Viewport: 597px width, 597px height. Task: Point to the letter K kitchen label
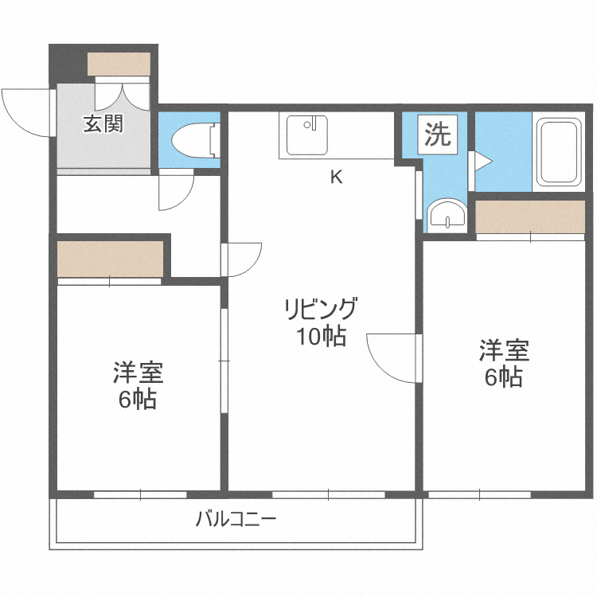click(x=337, y=177)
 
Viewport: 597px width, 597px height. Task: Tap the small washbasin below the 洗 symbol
click(x=446, y=215)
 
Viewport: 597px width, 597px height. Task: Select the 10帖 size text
click(x=322, y=337)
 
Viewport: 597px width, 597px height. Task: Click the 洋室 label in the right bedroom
click(x=504, y=350)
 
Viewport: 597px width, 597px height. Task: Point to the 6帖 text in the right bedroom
click(x=504, y=377)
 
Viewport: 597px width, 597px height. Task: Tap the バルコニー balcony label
click(x=236, y=520)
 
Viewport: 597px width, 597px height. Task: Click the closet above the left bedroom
click(x=110, y=259)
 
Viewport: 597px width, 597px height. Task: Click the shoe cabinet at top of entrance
click(x=119, y=63)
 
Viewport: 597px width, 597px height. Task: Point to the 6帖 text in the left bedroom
click(x=138, y=399)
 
